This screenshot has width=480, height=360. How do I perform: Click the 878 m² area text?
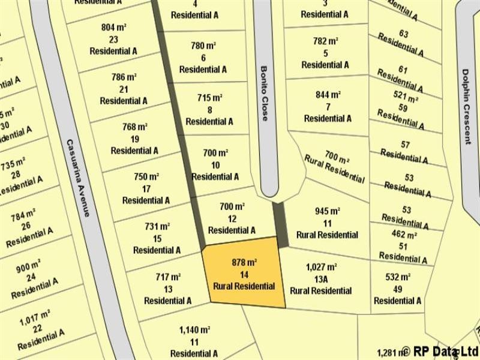244,262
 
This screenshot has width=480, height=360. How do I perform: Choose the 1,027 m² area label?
321,267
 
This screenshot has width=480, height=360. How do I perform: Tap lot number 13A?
321,279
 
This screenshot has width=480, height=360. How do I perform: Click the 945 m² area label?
327,211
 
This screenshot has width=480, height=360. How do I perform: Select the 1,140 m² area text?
194,330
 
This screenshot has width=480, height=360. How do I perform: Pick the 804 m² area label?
113,27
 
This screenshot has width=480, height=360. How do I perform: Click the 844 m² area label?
328,95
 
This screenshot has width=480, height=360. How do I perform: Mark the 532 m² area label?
397,277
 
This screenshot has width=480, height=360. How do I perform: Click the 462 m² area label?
404,235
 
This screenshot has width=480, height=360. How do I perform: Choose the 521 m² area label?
406,97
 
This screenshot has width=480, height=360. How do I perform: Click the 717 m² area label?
168,277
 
